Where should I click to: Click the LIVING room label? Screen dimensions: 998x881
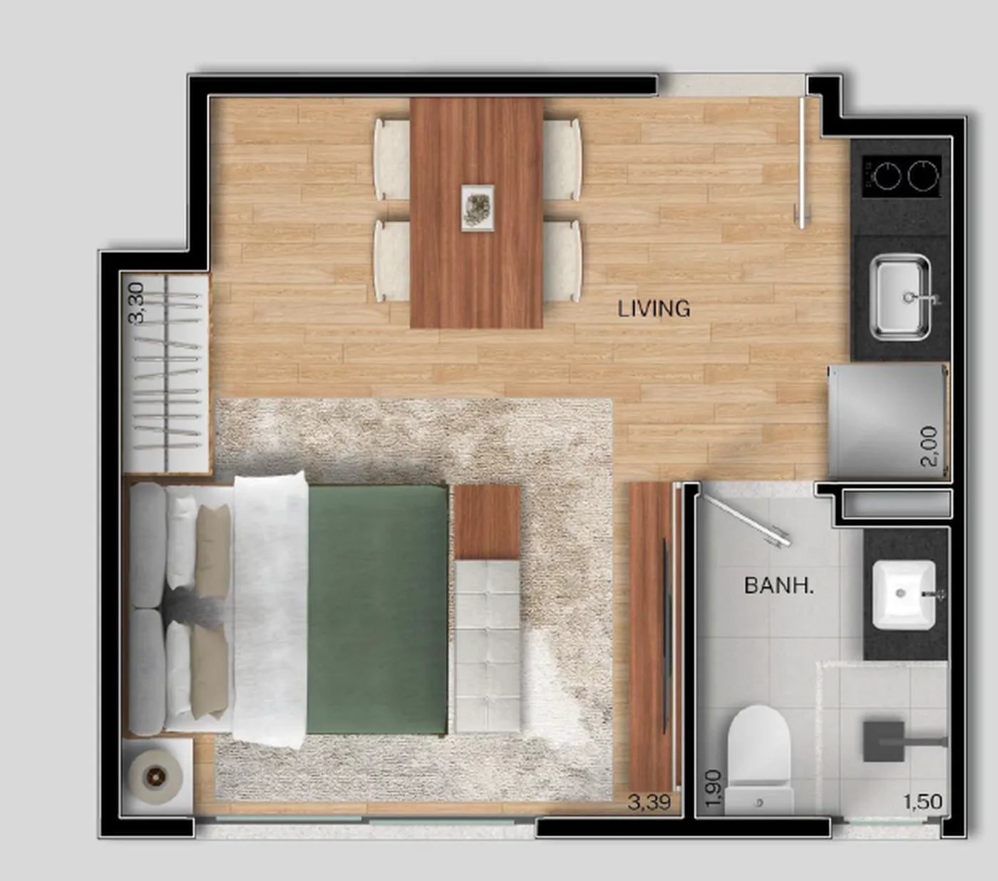click(x=654, y=309)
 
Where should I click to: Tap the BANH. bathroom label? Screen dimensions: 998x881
click(x=778, y=586)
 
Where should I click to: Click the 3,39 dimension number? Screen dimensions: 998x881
click(x=649, y=803)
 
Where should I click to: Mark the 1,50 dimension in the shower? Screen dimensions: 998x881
click(x=922, y=802)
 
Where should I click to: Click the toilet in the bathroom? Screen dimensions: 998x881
click(x=759, y=760)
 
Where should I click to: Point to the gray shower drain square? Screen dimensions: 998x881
click(x=884, y=740)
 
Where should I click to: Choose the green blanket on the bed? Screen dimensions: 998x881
click(x=377, y=609)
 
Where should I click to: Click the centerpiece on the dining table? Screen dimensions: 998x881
click(x=478, y=207)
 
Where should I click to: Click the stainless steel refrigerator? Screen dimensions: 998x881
click(x=888, y=422)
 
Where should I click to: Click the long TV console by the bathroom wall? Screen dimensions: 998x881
click(x=652, y=638)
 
